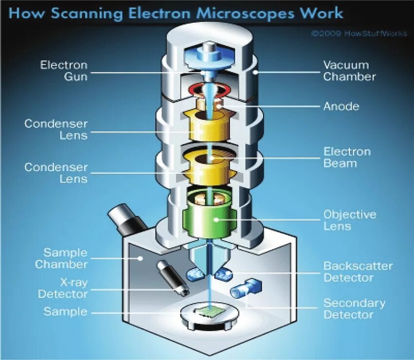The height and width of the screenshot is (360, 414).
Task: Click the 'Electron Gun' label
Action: click(x=64, y=71)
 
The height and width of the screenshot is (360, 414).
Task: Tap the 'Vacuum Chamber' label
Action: click(x=349, y=71)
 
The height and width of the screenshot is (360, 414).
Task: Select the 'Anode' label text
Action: click(x=341, y=106)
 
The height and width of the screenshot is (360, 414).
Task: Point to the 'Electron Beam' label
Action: click(x=347, y=157)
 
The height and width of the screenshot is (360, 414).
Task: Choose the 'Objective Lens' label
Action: click(x=350, y=220)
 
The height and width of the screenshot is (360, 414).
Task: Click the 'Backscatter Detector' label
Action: click(x=358, y=272)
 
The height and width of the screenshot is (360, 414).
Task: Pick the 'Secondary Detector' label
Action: click(x=354, y=308)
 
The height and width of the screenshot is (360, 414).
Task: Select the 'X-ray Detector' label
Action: click(x=63, y=288)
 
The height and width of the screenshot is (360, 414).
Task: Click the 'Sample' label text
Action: click(x=65, y=311)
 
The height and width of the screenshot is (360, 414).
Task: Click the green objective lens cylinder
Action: click(x=209, y=221)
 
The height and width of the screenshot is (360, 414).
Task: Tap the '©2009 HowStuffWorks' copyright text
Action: click(x=359, y=34)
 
